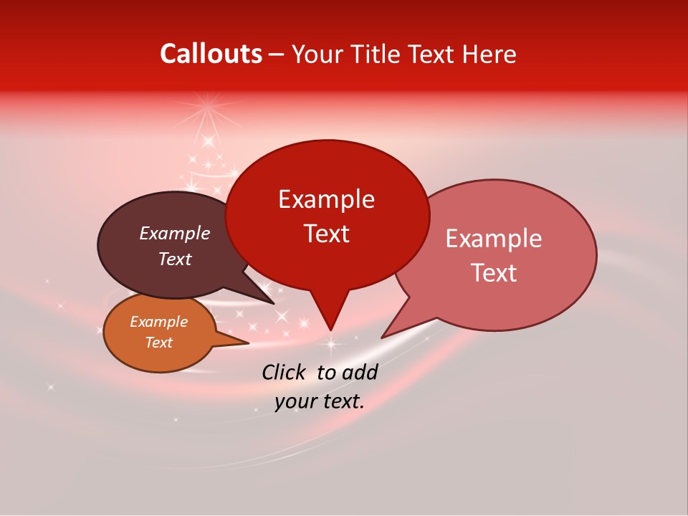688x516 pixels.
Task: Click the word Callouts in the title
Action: (x=211, y=54)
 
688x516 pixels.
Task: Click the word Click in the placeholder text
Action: (x=285, y=372)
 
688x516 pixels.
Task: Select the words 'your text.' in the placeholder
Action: (x=320, y=402)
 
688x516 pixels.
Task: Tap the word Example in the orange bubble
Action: (x=158, y=322)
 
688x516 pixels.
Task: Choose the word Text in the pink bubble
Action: (x=494, y=273)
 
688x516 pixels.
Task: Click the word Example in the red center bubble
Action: (x=326, y=199)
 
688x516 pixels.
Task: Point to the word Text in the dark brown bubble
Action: (x=175, y=259)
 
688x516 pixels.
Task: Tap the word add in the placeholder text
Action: (x=359, y=372)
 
